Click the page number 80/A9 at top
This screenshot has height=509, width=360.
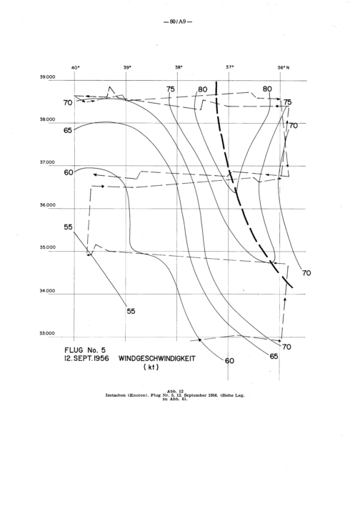pyautogui.click(x=177, y=22)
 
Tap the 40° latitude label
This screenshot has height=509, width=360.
pyautogui.click(x=75, y=67)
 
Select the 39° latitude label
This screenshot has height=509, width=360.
pyautogui.click(x=127, y=67)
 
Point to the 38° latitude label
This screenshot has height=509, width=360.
pyautogui.click(x=179, y=67)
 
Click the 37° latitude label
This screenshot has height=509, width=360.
pyautogui.click(x=230, y=67)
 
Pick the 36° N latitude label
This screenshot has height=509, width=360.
pyautogui.click(x=284, y=67)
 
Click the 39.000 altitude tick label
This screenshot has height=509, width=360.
pyautogui.click(x=47, y=77)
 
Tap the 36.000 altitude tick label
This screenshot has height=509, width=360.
pyautogui.click(x=47, y=205)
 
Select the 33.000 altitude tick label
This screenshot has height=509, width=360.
pyautogui.click(x=47, y=333)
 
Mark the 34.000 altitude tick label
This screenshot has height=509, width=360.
pyautogui.click(x=47, y=291)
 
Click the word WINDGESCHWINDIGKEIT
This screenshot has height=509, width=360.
pyautogui.click(x=157, y=359)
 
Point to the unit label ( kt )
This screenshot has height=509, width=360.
pyautogui.click(x=151, y=367)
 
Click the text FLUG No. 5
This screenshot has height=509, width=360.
pyautogui.click(x=85, y=350)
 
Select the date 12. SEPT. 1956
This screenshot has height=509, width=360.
pyautogui.click(x=86, y=359)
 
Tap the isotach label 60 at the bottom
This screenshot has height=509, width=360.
pyautogui.click(x=229, y=360)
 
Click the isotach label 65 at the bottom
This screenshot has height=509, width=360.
pyautogui.click(x=274, y=356)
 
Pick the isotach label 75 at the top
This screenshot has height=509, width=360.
pyautogui.click(x=170, y=89)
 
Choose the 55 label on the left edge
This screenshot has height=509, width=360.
pyautogui.click(x=68, y=227)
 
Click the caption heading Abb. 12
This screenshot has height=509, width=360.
pyautogui.click(x=176, y=391)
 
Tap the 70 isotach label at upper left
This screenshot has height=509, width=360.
pyautogui.click(x=68, y=103)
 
